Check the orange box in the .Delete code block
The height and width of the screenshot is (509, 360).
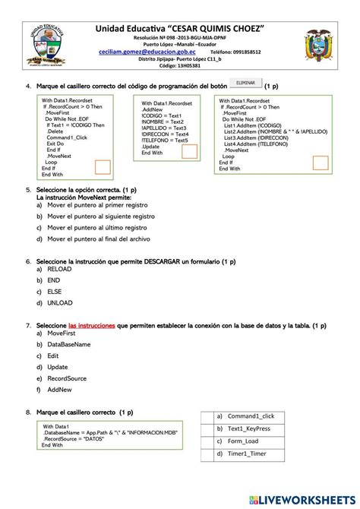(103, 168)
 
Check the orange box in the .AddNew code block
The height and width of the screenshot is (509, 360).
(189, 151)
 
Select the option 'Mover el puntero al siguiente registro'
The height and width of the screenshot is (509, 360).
(96, 216)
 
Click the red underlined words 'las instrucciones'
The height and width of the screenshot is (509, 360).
(91, 325)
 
